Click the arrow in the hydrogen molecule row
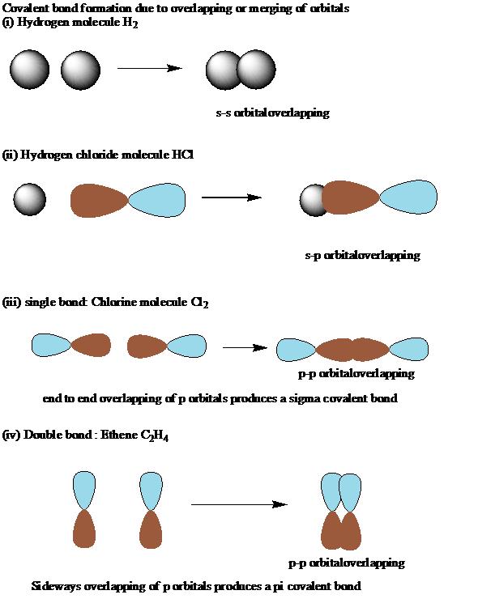pyautogui.click(x=150, y=68)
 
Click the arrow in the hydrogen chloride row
pyautogui.click(x=232, y=198)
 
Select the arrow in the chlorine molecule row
pyautogui.click(x=245, y=347)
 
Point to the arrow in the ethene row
pyautogui.click(x=239, y=504)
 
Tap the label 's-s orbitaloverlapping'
pyautogui.click(x=273, y=113)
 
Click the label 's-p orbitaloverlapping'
pyautogui.click(x=362, y=255)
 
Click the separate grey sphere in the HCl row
pyautogui.click(x=29, y=199)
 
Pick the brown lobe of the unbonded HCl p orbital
pyautogui.click(x=99, y=201)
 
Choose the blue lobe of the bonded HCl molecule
pyautogui.click(x=408, y=198)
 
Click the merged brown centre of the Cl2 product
pyautogui.click(x=352, y=350)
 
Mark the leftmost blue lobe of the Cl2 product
pyautogui.click(x=297, y=350)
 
